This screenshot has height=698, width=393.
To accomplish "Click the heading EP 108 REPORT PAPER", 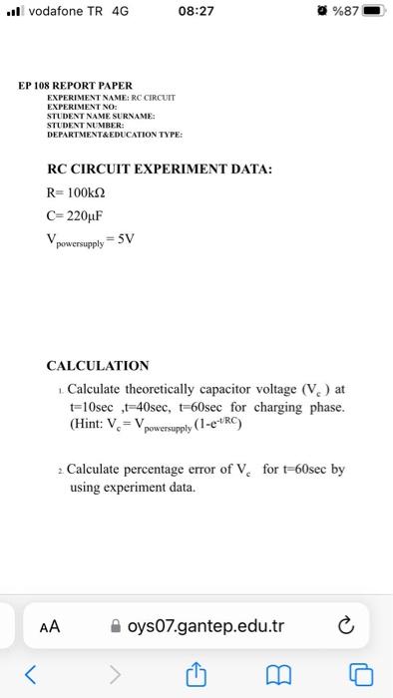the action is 75,86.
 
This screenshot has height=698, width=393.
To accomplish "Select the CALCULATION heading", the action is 98,365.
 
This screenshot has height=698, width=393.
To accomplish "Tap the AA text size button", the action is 50,626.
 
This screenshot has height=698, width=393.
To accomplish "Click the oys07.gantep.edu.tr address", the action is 205,626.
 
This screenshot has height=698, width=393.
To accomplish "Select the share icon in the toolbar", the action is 196,673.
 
